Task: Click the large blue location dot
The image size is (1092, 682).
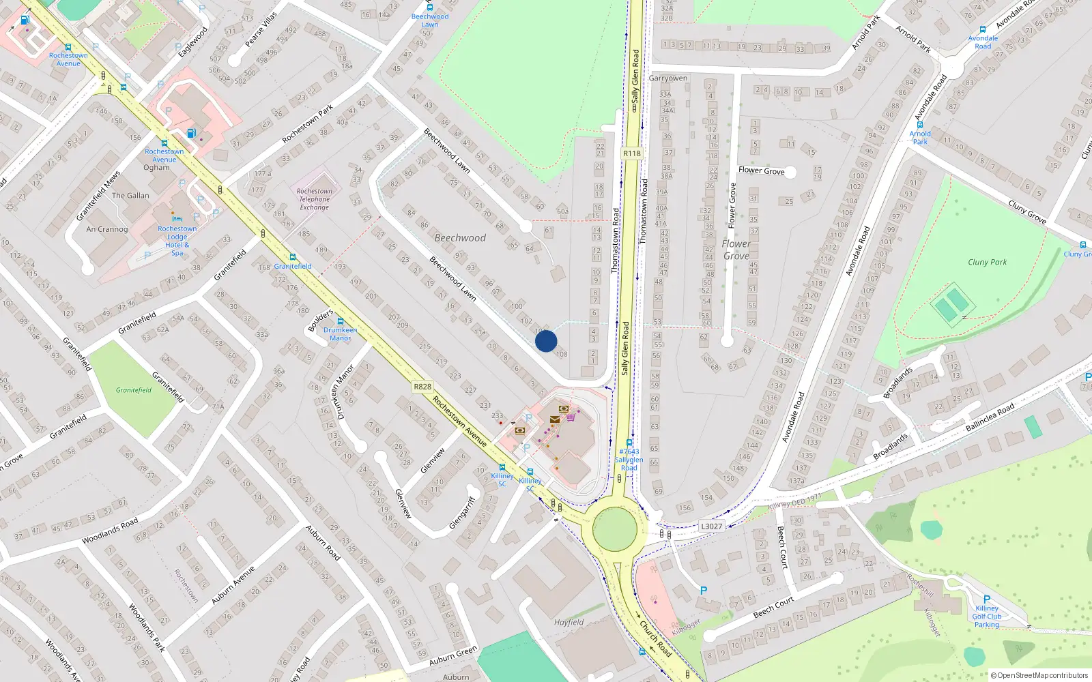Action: [546, 341]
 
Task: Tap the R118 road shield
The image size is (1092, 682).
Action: [632, 153]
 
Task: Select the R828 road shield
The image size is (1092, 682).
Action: [422, 387]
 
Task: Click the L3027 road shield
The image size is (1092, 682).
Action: [711, 526]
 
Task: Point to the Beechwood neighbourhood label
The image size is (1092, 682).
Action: [460, 238]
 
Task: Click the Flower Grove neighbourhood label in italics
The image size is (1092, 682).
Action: [736, 250]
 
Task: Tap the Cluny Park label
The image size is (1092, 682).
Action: [987, 262]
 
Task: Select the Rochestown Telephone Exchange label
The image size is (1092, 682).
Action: [314, 199]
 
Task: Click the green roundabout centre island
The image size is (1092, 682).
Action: [615, 529]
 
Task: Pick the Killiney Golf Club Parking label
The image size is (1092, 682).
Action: [986, 616]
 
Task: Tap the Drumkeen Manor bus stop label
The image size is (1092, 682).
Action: [340, 334]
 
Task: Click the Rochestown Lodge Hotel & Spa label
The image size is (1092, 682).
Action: [177, 241]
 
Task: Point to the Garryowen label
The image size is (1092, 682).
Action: [667, 78]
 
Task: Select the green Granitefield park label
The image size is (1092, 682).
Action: [133, 390]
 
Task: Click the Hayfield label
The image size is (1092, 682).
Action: [569, 622]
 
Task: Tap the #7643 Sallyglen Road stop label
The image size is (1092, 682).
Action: [629, 460]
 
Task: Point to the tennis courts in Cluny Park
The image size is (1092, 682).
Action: [952, 305]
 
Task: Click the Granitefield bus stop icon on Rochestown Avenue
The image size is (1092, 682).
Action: [292, 257]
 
